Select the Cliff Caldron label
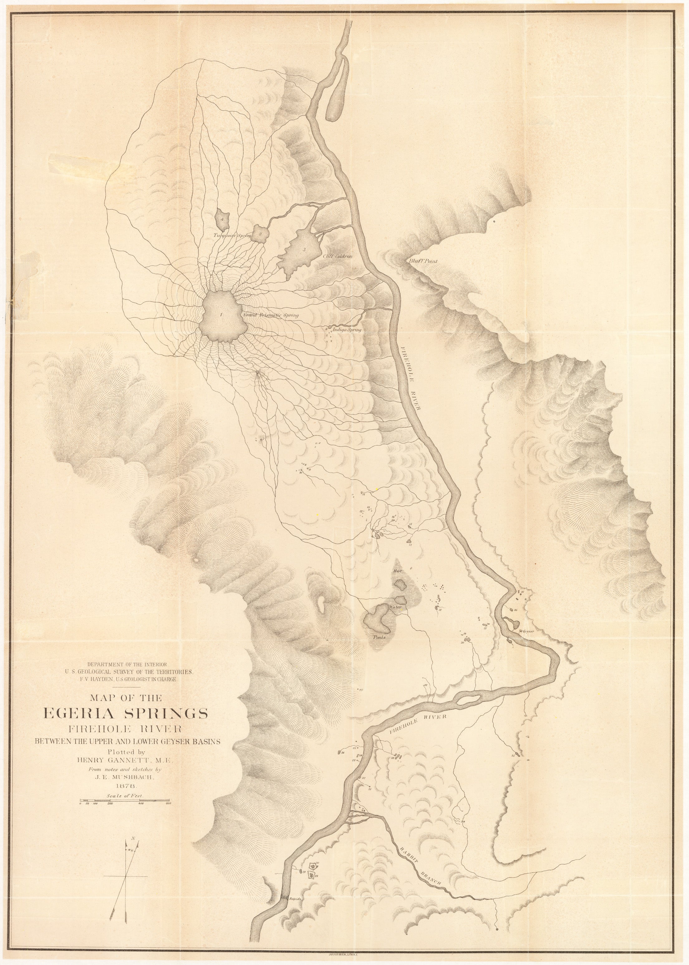[x=338, y=256]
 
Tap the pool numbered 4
[x=222, y=219]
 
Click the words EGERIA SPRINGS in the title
[x=126, y=713]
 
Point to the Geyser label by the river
[x=528, y=631]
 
